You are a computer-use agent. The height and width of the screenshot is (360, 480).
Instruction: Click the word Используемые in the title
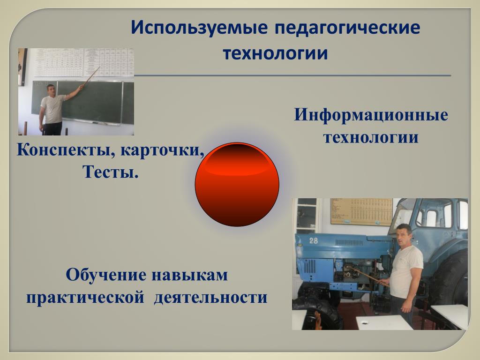199,28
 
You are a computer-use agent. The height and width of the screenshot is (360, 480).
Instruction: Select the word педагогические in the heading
347,28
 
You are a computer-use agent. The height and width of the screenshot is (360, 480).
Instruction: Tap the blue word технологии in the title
275,53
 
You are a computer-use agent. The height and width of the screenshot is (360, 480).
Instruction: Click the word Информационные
371,115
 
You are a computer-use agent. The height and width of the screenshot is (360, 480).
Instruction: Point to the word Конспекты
66,150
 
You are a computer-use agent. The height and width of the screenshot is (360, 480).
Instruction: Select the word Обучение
106,275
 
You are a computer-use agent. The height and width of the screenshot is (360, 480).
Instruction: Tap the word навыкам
189,275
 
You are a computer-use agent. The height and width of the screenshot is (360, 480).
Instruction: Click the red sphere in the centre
237,184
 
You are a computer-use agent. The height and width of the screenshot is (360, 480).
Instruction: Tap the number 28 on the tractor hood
314,240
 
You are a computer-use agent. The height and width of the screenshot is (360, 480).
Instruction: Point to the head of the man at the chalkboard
51,90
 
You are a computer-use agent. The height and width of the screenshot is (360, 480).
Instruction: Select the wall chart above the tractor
361,212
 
